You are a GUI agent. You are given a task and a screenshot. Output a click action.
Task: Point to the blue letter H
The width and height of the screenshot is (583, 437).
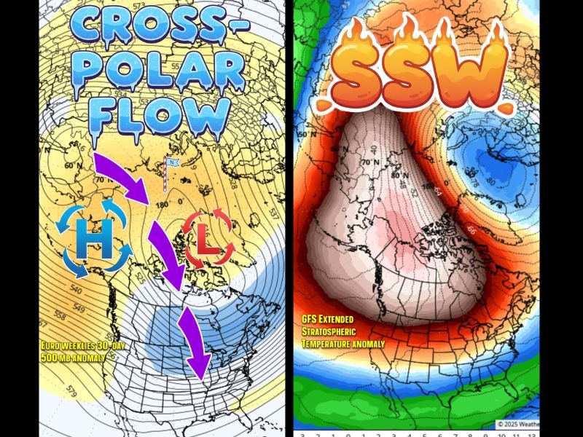click(x=93, y=240)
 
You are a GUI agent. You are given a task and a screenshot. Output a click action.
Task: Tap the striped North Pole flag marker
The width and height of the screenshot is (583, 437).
click(x=168, y=174)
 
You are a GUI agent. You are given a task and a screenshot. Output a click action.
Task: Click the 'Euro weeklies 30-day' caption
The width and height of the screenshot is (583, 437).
click(x=82, y=345)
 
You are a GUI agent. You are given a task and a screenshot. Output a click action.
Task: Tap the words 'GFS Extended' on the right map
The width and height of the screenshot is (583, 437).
click(x=327, y=319)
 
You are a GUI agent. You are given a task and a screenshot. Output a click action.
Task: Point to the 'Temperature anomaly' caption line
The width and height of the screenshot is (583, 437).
click(x=343, y=342)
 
